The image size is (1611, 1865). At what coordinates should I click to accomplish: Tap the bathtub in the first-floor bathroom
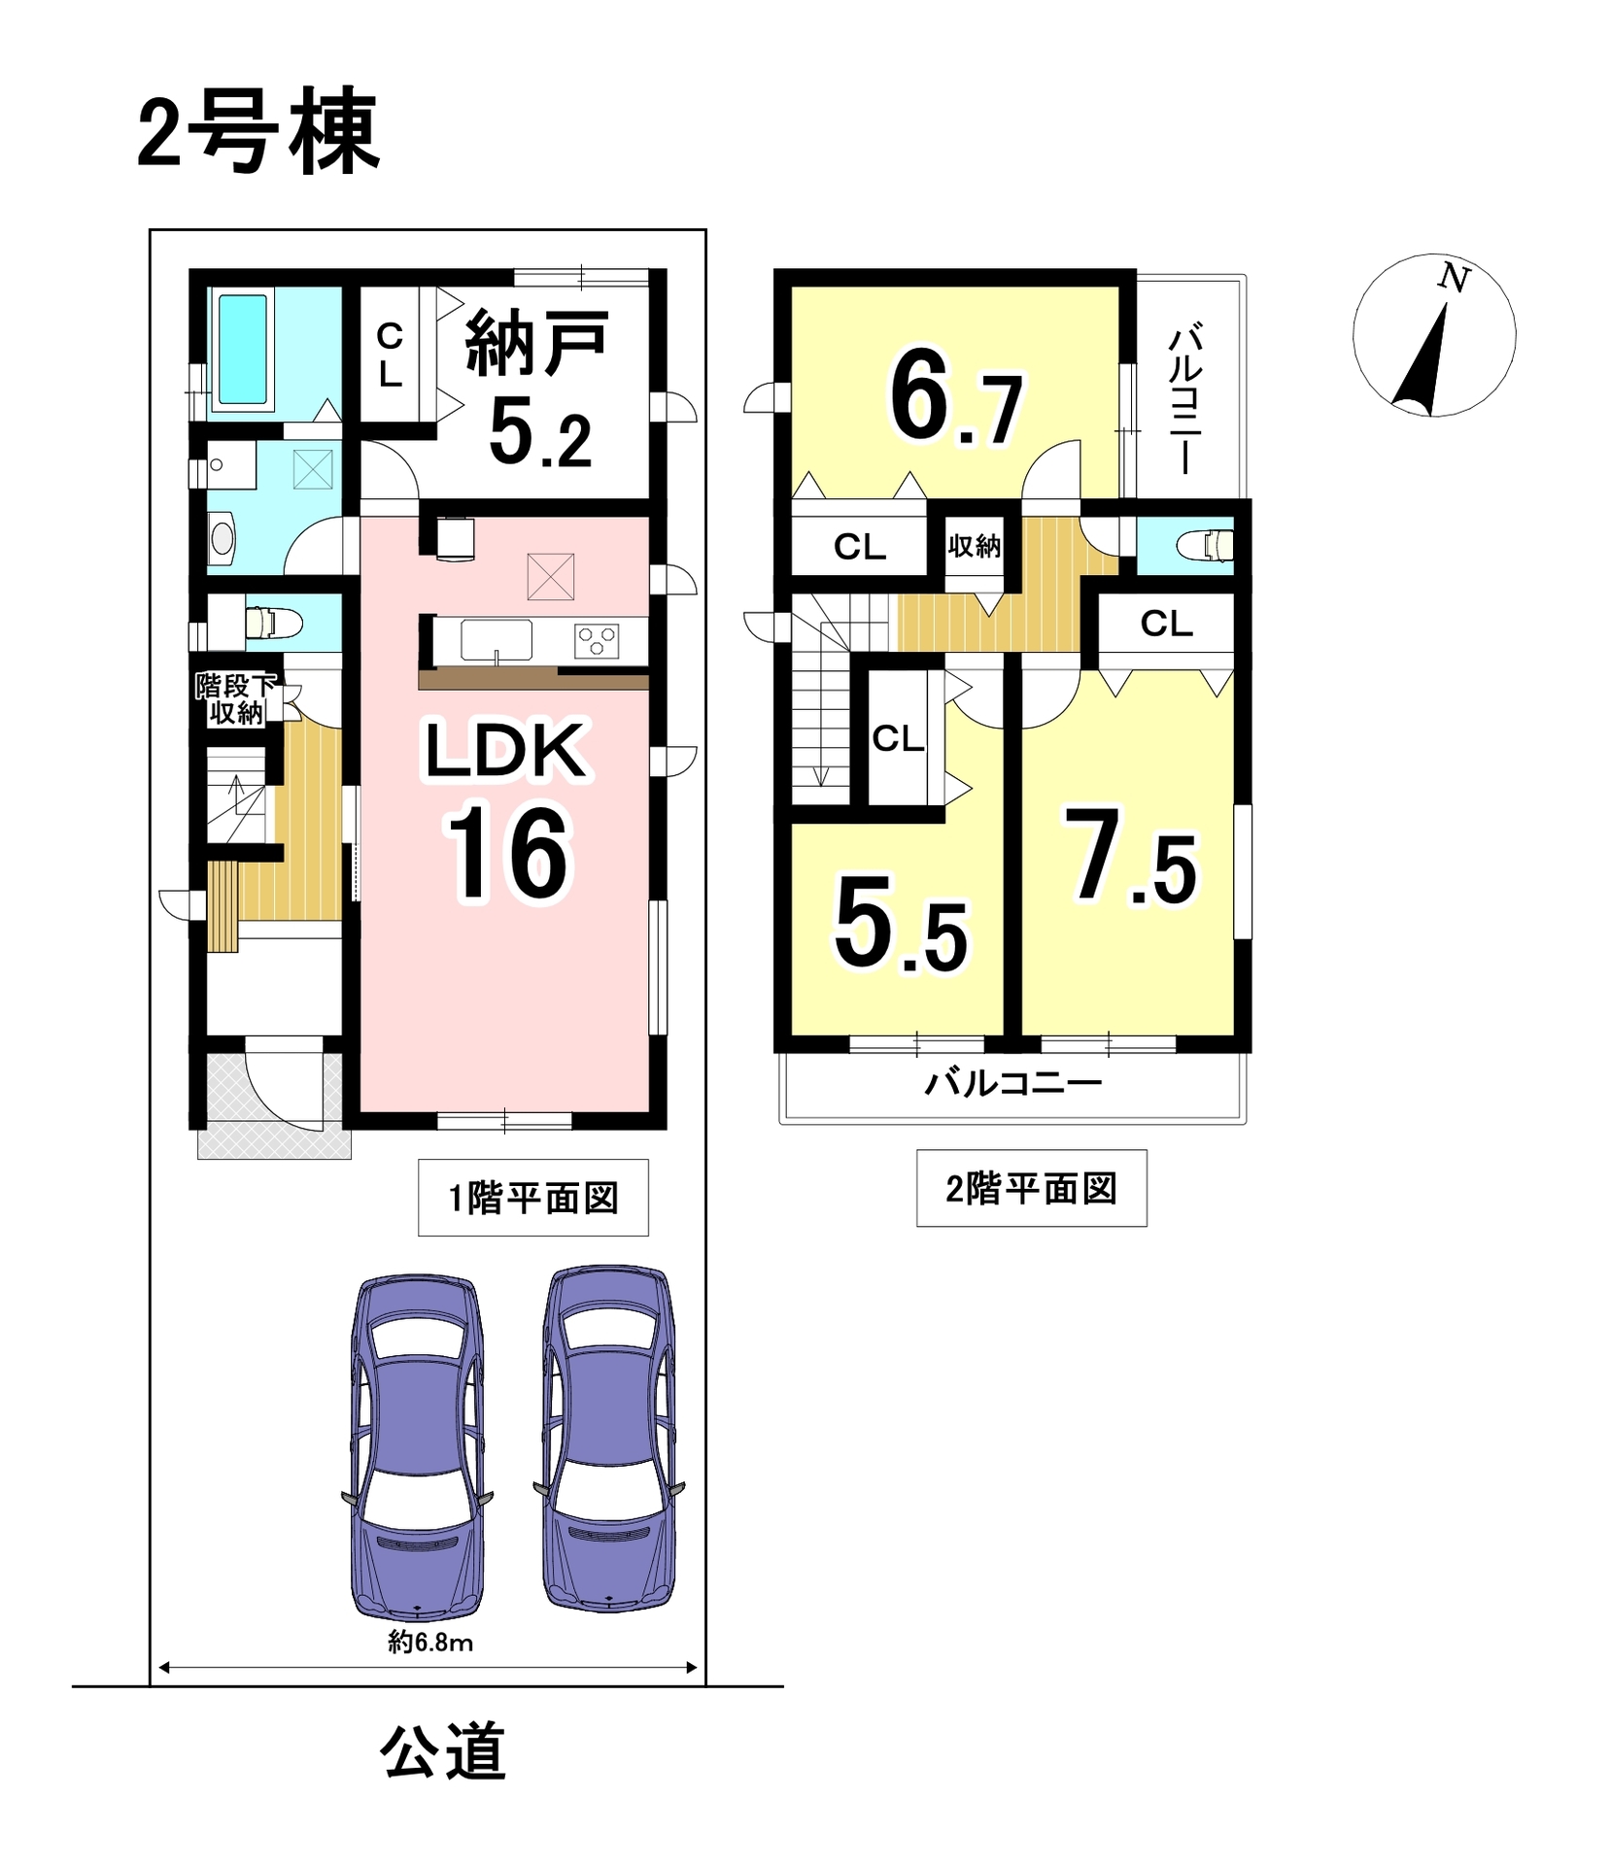(x=242, y=349)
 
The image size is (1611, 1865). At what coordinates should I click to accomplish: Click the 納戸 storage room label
(x=537, y=343)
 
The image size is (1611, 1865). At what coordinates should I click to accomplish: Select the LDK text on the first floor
(x=506, y=749)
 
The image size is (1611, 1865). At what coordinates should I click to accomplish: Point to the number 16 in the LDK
(x=507, y=854)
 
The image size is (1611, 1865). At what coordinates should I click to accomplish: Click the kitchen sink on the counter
(x=496, y=641)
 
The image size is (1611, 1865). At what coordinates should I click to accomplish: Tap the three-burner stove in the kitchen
(x=597, y=640)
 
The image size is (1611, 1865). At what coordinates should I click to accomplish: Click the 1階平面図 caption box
(x=533, y=1198)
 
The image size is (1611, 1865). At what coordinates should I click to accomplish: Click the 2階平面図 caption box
(x=1031, y=1188)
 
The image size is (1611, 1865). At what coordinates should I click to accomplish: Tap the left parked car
(x=417, y=1447)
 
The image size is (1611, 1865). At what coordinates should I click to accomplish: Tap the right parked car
(x=608, y=1439)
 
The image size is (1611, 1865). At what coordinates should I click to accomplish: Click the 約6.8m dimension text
(x=430, y=1642)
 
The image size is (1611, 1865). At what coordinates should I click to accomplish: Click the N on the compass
(x=1454, y=279)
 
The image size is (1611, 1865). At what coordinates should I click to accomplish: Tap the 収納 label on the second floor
(x=974, y=547)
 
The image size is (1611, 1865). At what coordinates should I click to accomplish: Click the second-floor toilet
(x=1205, y=545)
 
